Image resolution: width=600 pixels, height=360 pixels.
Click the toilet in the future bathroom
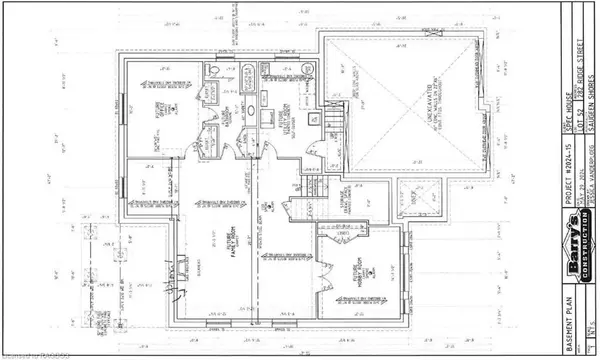pyautogui.click(x=217, y=70)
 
